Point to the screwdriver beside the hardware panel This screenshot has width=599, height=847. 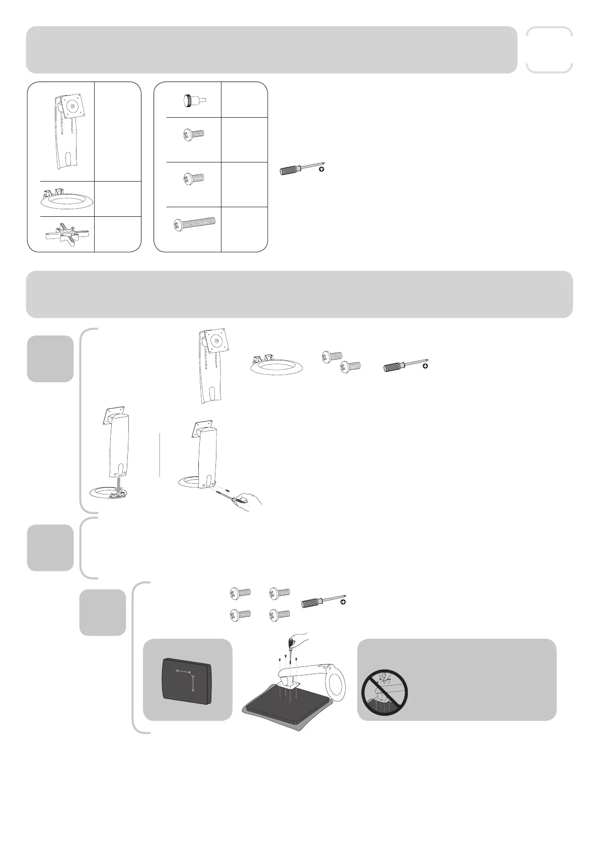click(x=299, y=168)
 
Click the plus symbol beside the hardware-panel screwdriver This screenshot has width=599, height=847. click(x=322, y=170)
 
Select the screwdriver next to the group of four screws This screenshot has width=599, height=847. click(x=321, y=602)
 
